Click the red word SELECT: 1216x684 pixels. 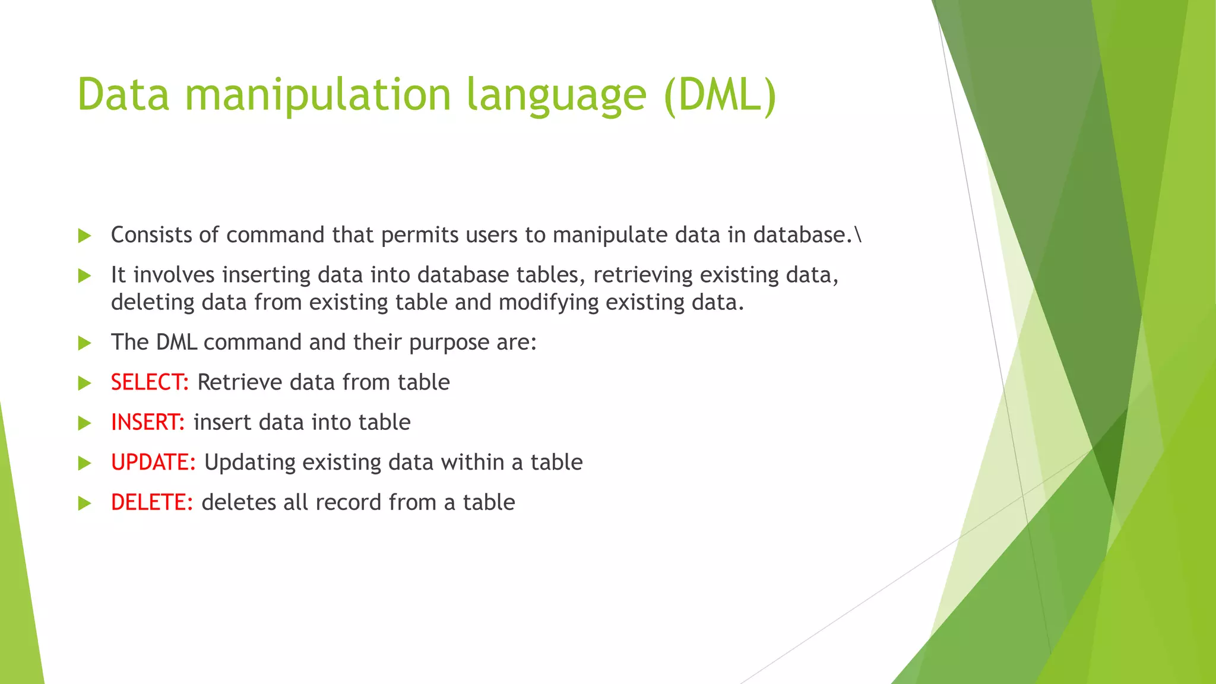(x=150, y=382)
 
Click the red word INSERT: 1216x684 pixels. (x=148, y=422)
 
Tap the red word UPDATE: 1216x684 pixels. (x=153, y=463)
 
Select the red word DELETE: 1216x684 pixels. (x=152, y=502)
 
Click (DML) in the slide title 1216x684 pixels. (x=720, y=95)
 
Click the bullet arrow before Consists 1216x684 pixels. (x=84, y=236)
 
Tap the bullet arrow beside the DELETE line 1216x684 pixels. (x=84, y=503)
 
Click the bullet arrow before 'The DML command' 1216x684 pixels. (x=84, y=343)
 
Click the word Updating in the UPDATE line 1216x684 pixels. (x=249, y=463)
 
